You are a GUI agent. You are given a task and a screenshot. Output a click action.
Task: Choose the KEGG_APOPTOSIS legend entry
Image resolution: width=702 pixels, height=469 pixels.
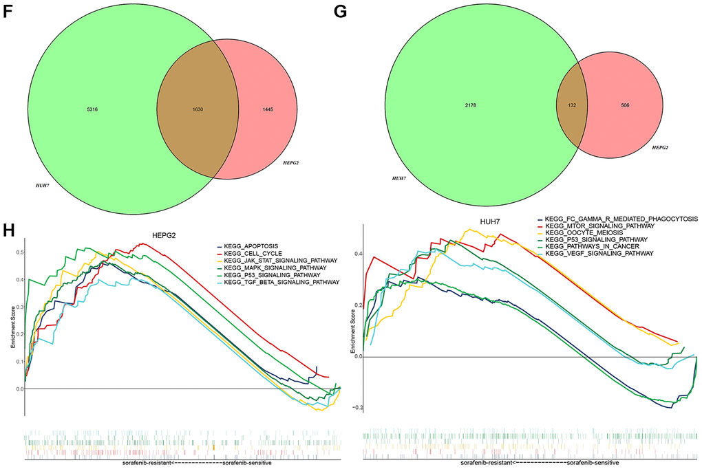[x=246, y=246]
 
